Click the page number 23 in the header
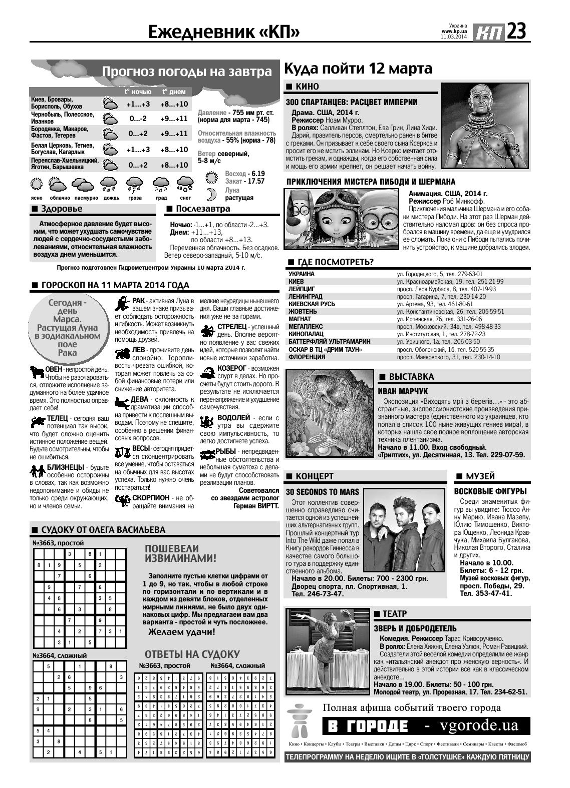515,32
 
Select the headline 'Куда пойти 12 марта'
358,68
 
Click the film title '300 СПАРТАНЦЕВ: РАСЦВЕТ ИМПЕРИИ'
351,102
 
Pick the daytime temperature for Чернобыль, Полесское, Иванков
174,119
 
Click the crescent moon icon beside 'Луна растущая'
211,194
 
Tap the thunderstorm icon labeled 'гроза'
134,185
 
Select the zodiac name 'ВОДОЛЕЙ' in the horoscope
233,417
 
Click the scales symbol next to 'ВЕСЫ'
122,452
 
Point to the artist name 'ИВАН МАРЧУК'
403,391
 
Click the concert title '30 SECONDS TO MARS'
322,492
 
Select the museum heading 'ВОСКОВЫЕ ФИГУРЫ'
490,491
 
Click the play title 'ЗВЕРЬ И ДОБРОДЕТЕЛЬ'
415,628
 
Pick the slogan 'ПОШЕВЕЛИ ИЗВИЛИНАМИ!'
180,553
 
